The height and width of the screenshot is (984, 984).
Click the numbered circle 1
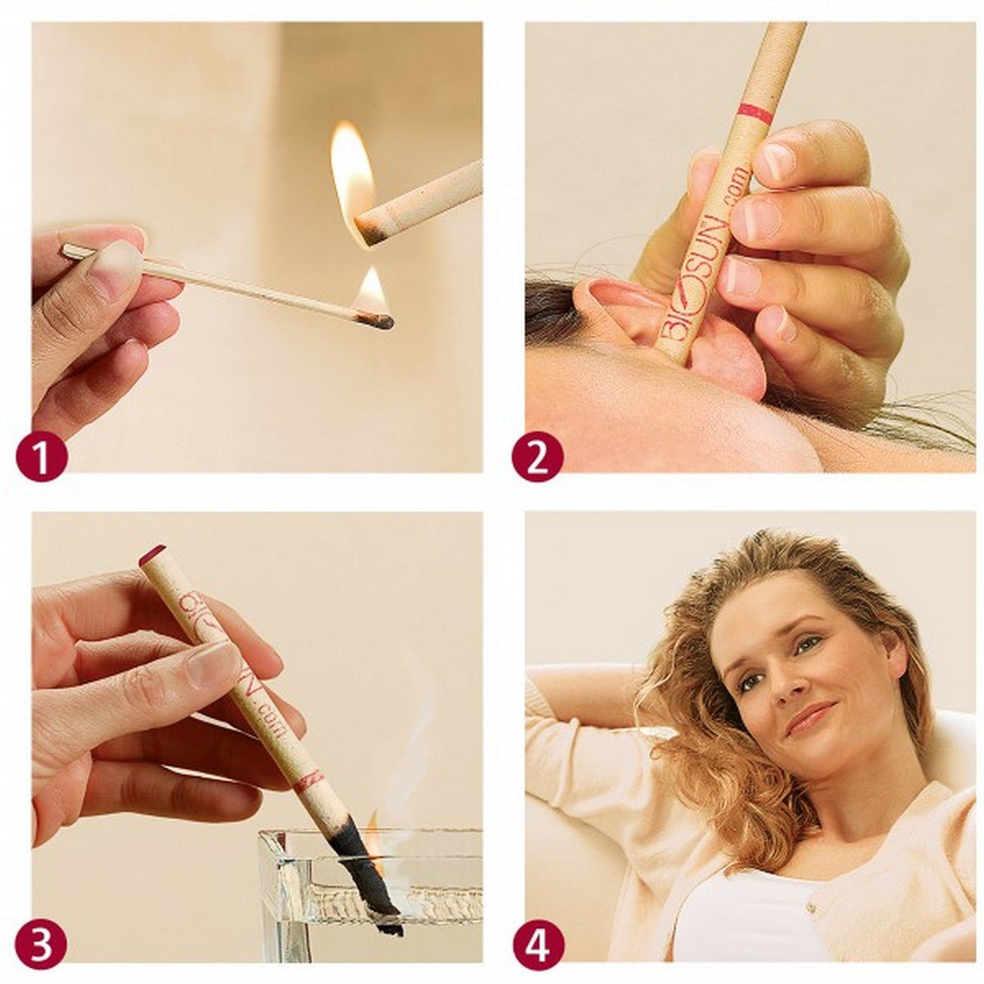pyautogui.click(x=42, y=456)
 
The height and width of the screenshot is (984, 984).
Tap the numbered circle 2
pyautogui.click(x=537, y=456)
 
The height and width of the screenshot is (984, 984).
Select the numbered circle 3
pyautogui.click(x=42, y=944)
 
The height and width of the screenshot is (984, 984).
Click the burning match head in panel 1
pyautogui.click(x=376, y=321)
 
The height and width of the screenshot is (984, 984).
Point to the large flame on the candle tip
pyautogui.click(x=352, y=174)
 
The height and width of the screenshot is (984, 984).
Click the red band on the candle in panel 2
pyautogui.click(x=755, y=114)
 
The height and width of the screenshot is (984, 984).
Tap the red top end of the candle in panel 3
pyautogui.click(x=152, y=554)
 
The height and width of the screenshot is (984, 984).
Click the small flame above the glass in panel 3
pyautogui.click(x=373, y=821)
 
